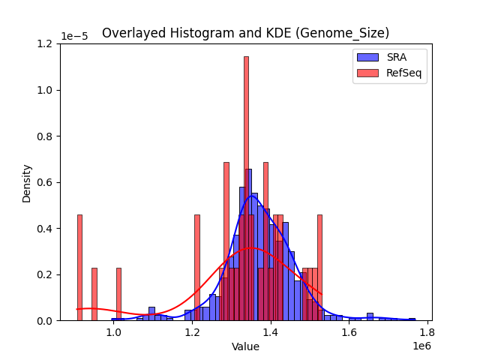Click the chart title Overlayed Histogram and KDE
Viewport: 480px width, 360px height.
245,33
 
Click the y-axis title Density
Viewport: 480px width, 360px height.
27,182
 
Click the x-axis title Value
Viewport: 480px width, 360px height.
245,346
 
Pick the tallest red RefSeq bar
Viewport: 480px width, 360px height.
246,187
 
